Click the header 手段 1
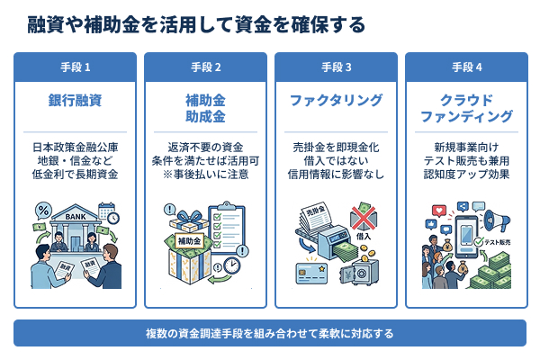coord(75,67)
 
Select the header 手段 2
coord(205,67)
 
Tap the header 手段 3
coord(336,67)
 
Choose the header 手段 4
coord(466,67)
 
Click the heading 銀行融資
coord(75,100)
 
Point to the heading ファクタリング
coord(336,100)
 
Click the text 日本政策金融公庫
coord(75,147)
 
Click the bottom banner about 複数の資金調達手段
coord(270,333)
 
